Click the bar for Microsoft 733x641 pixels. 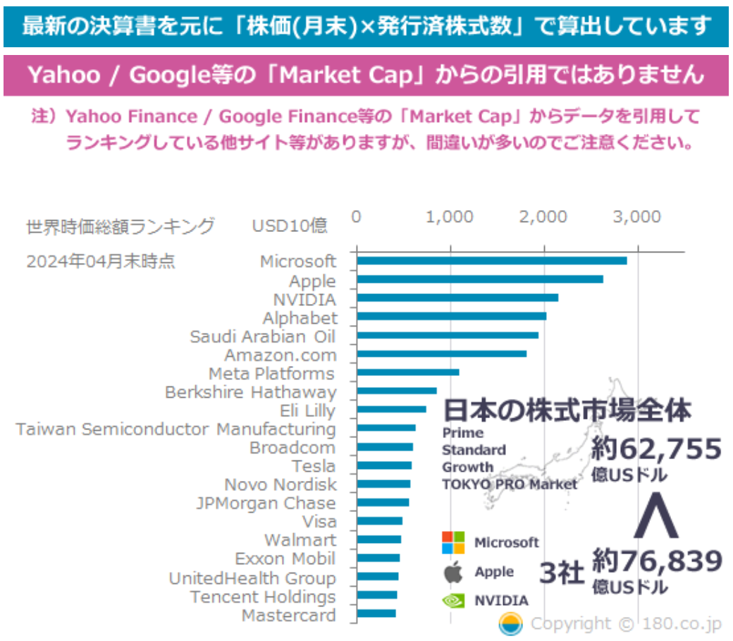491,261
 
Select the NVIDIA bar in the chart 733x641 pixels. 457,298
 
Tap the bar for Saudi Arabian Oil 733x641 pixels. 448,335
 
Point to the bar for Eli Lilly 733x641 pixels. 391,410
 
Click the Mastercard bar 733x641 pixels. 376,613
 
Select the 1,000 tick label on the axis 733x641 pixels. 450,216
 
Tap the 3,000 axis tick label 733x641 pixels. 637,216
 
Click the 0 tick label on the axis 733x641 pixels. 357,216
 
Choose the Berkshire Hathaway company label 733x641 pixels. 251,392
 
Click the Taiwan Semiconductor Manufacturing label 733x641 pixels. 176,429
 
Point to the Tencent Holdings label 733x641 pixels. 263,597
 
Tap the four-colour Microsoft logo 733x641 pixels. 453,542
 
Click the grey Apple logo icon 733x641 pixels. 452,572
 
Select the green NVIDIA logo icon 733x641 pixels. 452,601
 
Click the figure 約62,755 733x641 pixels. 656,449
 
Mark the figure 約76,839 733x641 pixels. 657,562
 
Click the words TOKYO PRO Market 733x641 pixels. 510,484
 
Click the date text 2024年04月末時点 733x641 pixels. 101,262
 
